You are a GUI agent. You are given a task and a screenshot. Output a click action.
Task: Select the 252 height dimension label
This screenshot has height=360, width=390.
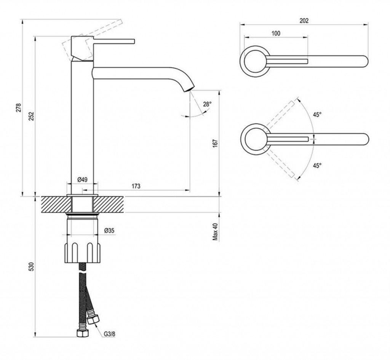32,116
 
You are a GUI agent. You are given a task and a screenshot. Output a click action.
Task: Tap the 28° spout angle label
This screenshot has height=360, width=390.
206,104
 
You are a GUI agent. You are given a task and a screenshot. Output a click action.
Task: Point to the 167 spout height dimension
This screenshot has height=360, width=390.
216,143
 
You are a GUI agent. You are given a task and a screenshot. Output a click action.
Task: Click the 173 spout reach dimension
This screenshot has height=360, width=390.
136,186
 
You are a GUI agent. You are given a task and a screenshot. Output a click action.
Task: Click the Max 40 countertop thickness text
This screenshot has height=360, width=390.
216,232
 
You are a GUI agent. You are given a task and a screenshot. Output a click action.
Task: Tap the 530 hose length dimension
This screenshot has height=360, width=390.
32,267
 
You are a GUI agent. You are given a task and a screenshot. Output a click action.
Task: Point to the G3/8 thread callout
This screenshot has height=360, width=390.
110,335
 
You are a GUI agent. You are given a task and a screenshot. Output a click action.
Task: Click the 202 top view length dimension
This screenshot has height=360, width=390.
304,21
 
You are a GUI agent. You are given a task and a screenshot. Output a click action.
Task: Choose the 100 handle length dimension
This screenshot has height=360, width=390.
276,33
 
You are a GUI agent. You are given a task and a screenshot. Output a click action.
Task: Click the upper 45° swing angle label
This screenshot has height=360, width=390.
317,114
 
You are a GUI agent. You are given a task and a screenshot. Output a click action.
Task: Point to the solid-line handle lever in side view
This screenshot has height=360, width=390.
114,41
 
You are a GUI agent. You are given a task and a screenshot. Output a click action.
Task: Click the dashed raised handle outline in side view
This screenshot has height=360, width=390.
95,29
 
